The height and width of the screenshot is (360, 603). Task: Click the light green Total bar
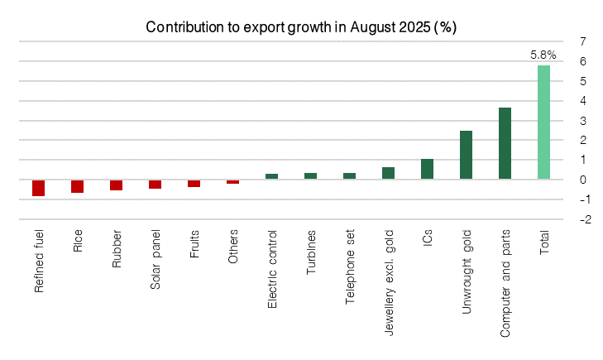pyautogui.click(x=543, y=122)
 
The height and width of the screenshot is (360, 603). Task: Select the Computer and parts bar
pyautogui.click(x=505, y=143)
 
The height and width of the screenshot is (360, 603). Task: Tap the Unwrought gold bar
pyautogui.click(x=466, y=155)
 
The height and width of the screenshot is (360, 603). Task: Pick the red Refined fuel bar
pyautogui.click(x=38, y=188)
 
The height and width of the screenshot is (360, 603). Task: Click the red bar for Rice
pyautogui.click(x=77, y=186)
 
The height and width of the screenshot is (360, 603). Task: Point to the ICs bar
pyautogui.click(x=427, y=169)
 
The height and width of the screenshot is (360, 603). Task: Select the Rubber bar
pyautogui.click(x=116, y=185)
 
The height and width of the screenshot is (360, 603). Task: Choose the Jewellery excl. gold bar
pyautogui.click(x=388, y=173)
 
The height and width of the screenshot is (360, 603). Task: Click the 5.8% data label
pyautogui.click(x=543, y=55)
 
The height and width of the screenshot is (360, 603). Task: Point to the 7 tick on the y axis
pyautogui.click(x=584, y=41)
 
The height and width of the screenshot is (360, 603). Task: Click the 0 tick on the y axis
pyautogui.click(x=584, y=180)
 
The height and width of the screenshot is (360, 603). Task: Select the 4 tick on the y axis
pyautogui.click(x=584, y=100)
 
